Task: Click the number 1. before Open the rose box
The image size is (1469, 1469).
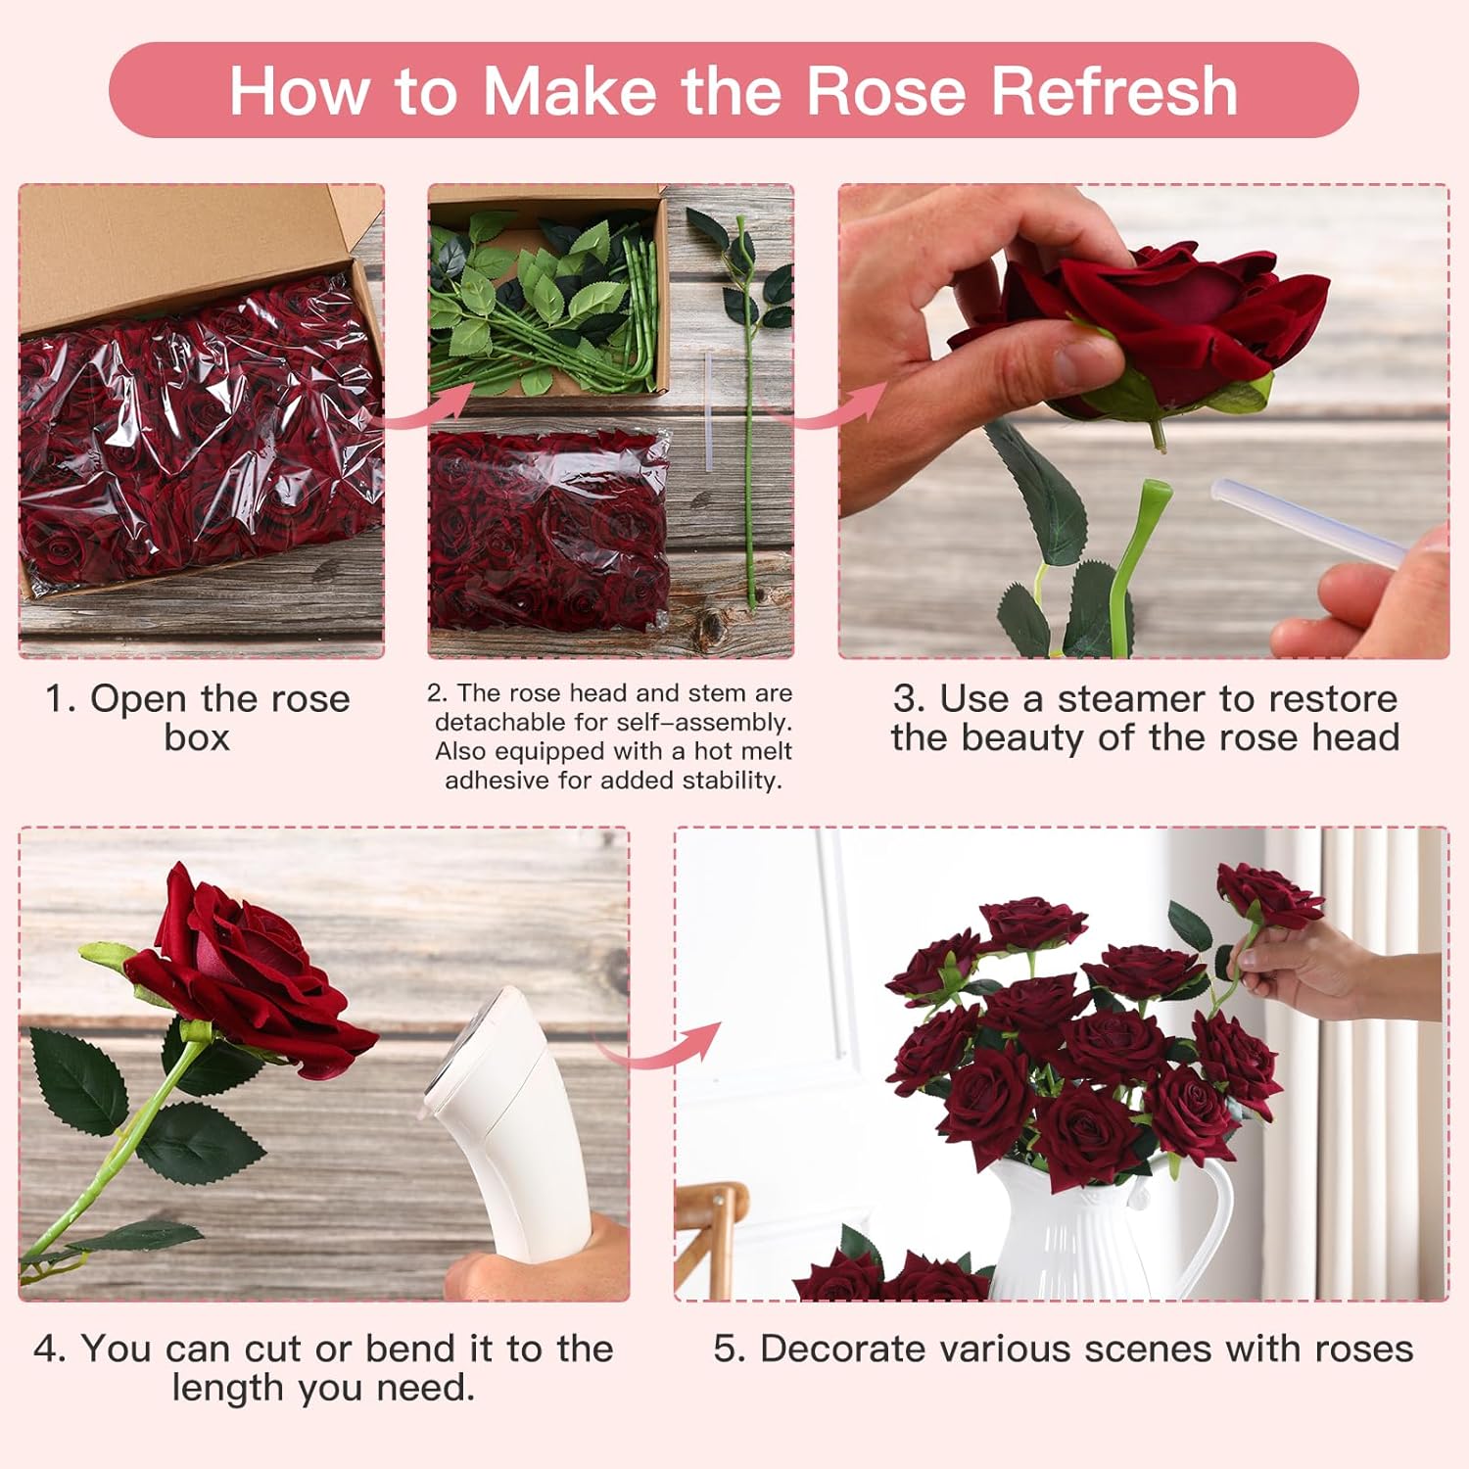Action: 60,699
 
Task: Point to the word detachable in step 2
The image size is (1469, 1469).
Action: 494,723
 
